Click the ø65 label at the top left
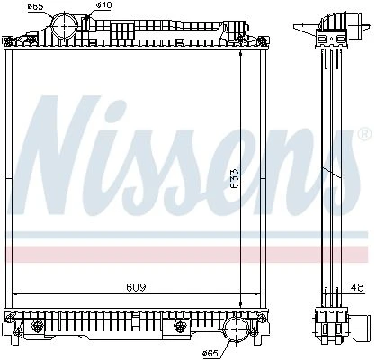[x=35, y=7]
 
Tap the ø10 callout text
[x=103, y=5]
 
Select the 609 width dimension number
[x=136, y=287]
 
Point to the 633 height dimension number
[x=234, y=178]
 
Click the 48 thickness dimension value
[x=357, y=287]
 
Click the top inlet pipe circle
[x=65, y=25]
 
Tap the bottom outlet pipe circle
[x=236, y=329]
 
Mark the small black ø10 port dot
[x=87, y=18]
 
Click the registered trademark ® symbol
[x=364, y=134]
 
